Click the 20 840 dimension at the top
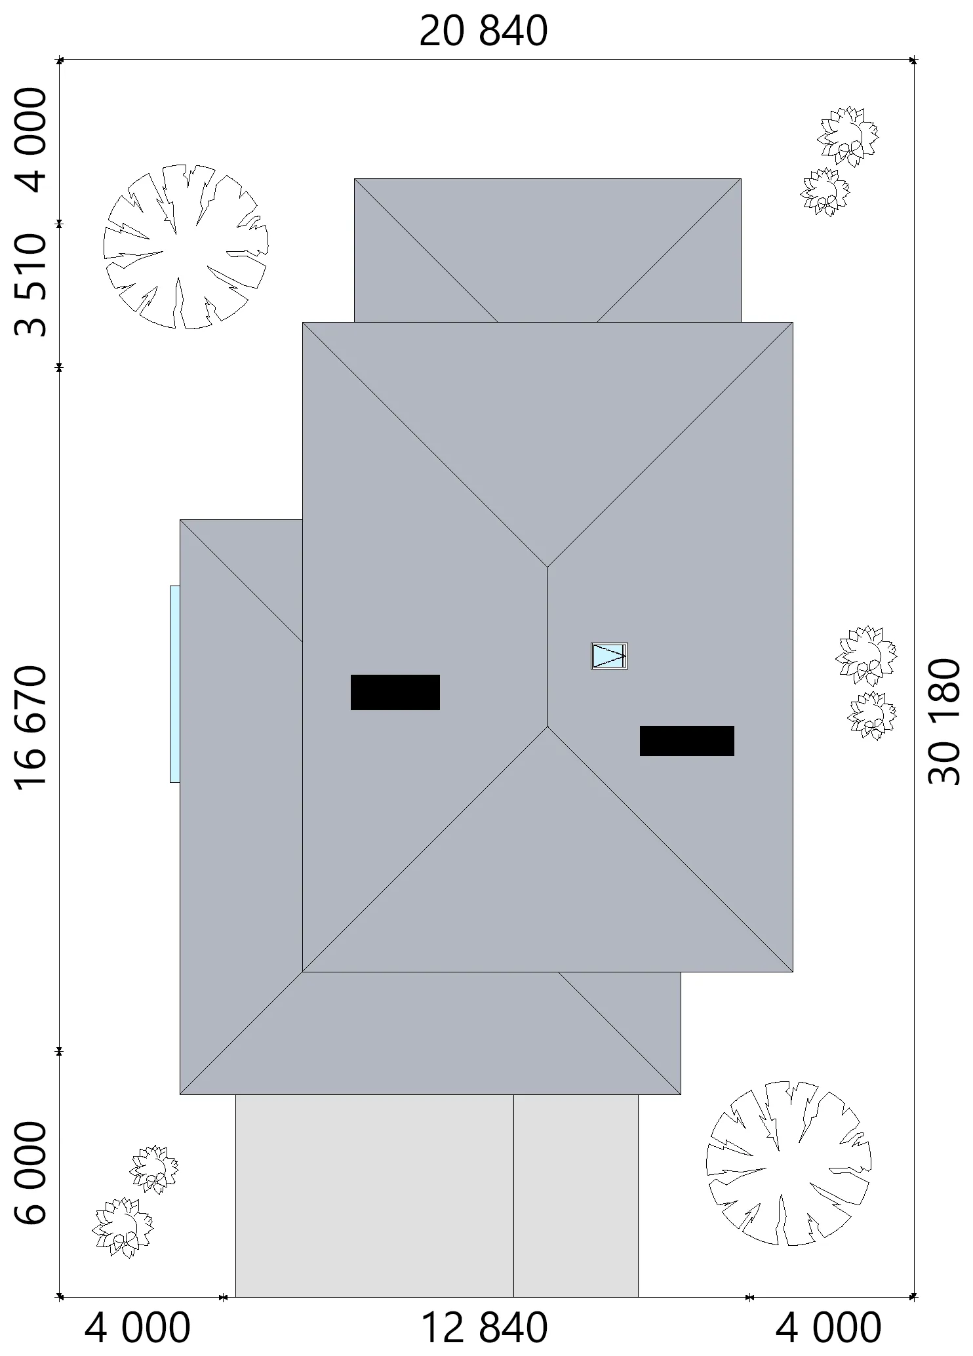(483, 31)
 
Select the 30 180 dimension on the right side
(943, 721)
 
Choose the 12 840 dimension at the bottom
(483, 1328)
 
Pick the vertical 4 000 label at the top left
(31, 140)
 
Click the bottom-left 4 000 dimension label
(138, 1328)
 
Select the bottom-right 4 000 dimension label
(828, 1328)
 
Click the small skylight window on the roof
(609, 656)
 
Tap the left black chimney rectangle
(395, 692)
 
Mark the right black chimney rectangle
(686, 740)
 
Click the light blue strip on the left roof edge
(174, 684)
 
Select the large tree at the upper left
(186, 247)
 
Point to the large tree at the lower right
(789, 1163)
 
